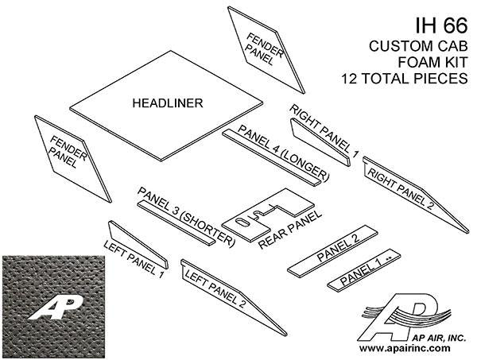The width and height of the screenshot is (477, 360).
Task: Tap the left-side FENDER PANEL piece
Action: [x=71, y=155]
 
